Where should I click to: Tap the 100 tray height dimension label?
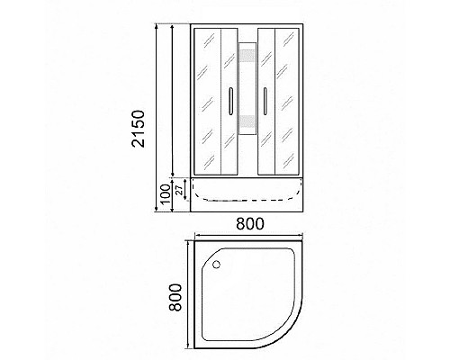click(x=165, y=193)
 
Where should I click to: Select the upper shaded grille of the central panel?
click(x=247, y=67)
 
